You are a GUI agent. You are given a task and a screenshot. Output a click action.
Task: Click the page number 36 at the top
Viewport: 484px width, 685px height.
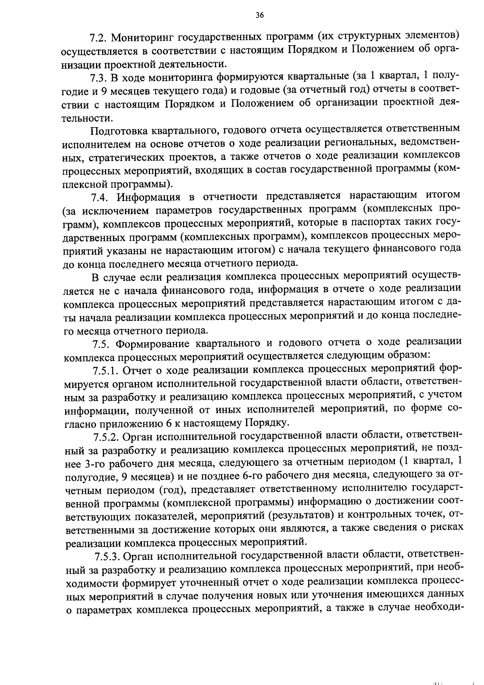click(x=259, y=15)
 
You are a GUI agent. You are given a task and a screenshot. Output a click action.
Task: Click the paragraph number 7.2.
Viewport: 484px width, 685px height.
click(x=98, y=38)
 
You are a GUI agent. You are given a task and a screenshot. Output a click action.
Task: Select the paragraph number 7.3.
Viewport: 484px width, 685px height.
click(x=98, y=77)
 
